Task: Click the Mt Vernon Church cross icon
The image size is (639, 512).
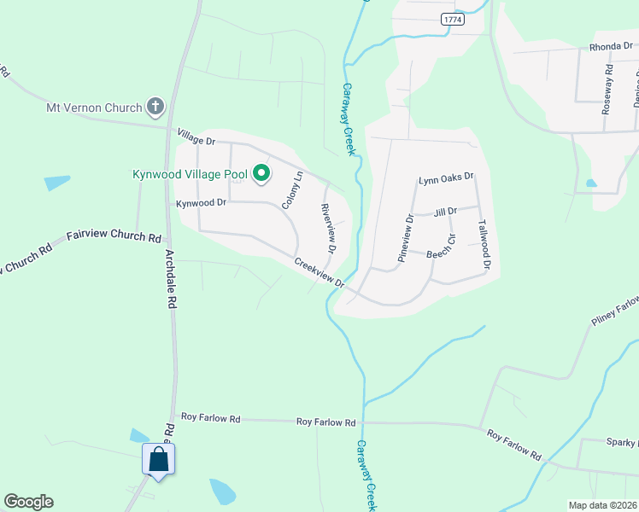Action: tap(155, 108)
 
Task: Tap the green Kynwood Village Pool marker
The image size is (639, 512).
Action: tap(262, 174)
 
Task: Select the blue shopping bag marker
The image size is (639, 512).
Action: tap(159, 459)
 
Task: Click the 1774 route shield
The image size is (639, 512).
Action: tap(453, 19)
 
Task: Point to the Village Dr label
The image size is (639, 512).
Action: tap(197, 137)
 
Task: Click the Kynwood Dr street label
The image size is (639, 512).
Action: tap(201, 203)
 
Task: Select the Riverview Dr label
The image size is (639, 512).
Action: tap(327, 229)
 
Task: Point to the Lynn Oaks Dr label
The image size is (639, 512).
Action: tap(445, 178)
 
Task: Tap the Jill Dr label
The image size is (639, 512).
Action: tap(445, 211)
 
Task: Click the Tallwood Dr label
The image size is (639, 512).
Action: tap(484, 246)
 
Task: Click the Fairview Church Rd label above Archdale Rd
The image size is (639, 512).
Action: tap(114, 236)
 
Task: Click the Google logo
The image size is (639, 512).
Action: tap(28, 502)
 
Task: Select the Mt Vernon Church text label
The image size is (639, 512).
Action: tap(94, 108)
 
